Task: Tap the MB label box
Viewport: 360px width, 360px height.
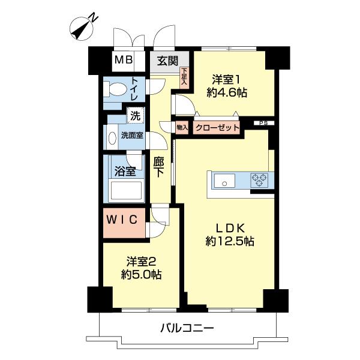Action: click(124, 60)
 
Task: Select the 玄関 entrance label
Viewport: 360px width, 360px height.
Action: click(167, 60)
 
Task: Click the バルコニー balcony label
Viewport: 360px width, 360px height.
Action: click(187, 328)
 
